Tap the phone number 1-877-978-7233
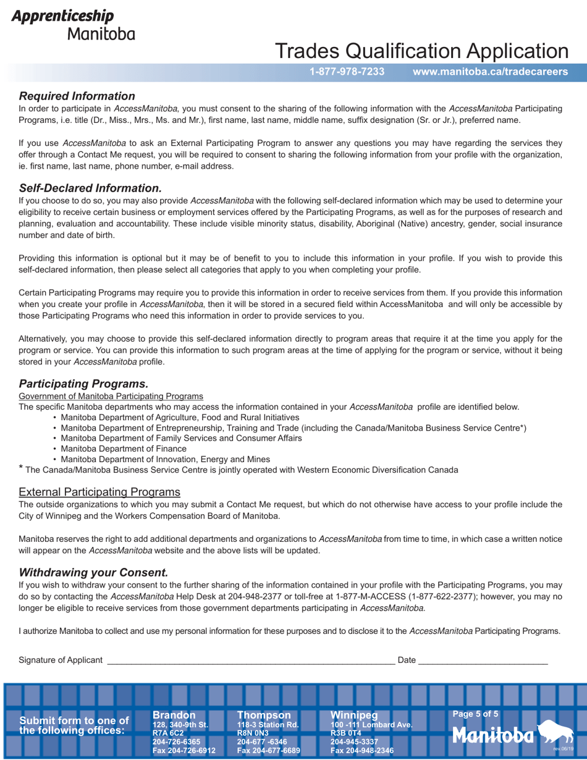347,72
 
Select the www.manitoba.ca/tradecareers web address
490,72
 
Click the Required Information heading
77,96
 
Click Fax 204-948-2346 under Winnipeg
362,751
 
